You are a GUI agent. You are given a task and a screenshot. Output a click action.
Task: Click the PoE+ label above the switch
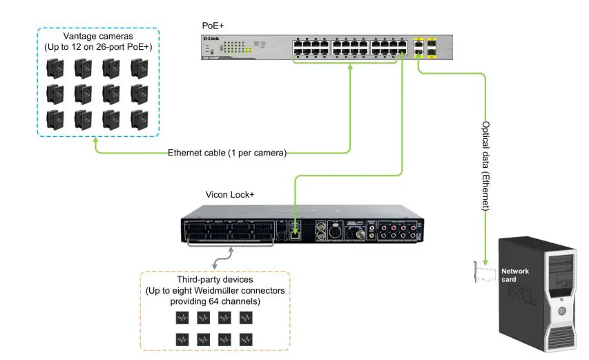pyautogui.click(x=213, y=26)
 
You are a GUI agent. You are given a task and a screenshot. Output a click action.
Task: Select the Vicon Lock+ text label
pyautogui.click(x=230, y=195)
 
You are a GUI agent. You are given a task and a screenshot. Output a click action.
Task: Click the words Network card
pyautogui.click(x=515, y=275)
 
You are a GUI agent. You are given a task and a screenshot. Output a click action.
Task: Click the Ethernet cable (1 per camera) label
pyautogui.click(x=227, y=153)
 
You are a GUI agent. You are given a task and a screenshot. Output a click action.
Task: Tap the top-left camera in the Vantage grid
pyautogui.click(x=55, y=68)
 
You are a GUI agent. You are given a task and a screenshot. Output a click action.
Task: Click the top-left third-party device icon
pyautogui.click(x=182, y=318)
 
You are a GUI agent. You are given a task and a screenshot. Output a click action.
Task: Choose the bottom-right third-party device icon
pyautogui.click(x=246, y=339)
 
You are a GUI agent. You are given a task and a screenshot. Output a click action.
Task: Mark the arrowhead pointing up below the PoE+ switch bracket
pyautogui.click(x=351, y=69)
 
